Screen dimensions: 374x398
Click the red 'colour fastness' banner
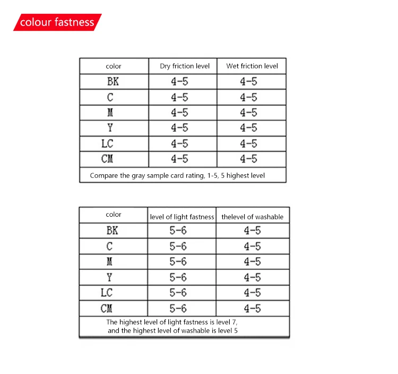[57, 22]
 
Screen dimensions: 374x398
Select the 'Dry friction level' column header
[185, 66]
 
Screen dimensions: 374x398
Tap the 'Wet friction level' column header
[252, 66]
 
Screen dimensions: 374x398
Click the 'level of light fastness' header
[182, 217]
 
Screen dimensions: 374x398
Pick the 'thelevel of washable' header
[253, 217]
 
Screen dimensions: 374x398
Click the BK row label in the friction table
[113, 82]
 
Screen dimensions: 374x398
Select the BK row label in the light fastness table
[113, 231]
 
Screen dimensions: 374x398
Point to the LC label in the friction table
[108, 143]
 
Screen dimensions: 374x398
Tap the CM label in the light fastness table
[107, 308]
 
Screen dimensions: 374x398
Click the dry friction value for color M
[179, 113]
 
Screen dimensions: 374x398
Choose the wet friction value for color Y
[248, 128]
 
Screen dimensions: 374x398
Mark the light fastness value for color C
[178, 246]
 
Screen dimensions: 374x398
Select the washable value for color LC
[253, 293]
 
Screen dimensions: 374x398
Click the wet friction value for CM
[248, 159]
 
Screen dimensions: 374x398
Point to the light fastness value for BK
[178, 231]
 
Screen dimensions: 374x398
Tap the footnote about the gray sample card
[177, 175]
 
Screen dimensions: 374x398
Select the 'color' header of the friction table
[114, 66]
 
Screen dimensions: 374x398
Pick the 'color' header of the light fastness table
[114, 215]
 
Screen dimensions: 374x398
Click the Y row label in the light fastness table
[110, 277]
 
